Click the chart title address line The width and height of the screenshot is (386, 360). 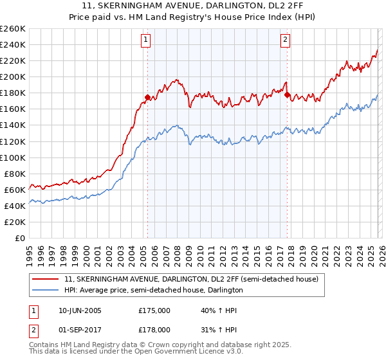(x=192, y=7)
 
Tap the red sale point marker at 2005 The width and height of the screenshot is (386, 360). (x=147, y=98)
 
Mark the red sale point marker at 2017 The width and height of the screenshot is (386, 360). (x=288, y=95)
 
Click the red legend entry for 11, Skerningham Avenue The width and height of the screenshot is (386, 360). (x=187, y=280)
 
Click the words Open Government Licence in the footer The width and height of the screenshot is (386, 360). (x=180, y=352)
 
